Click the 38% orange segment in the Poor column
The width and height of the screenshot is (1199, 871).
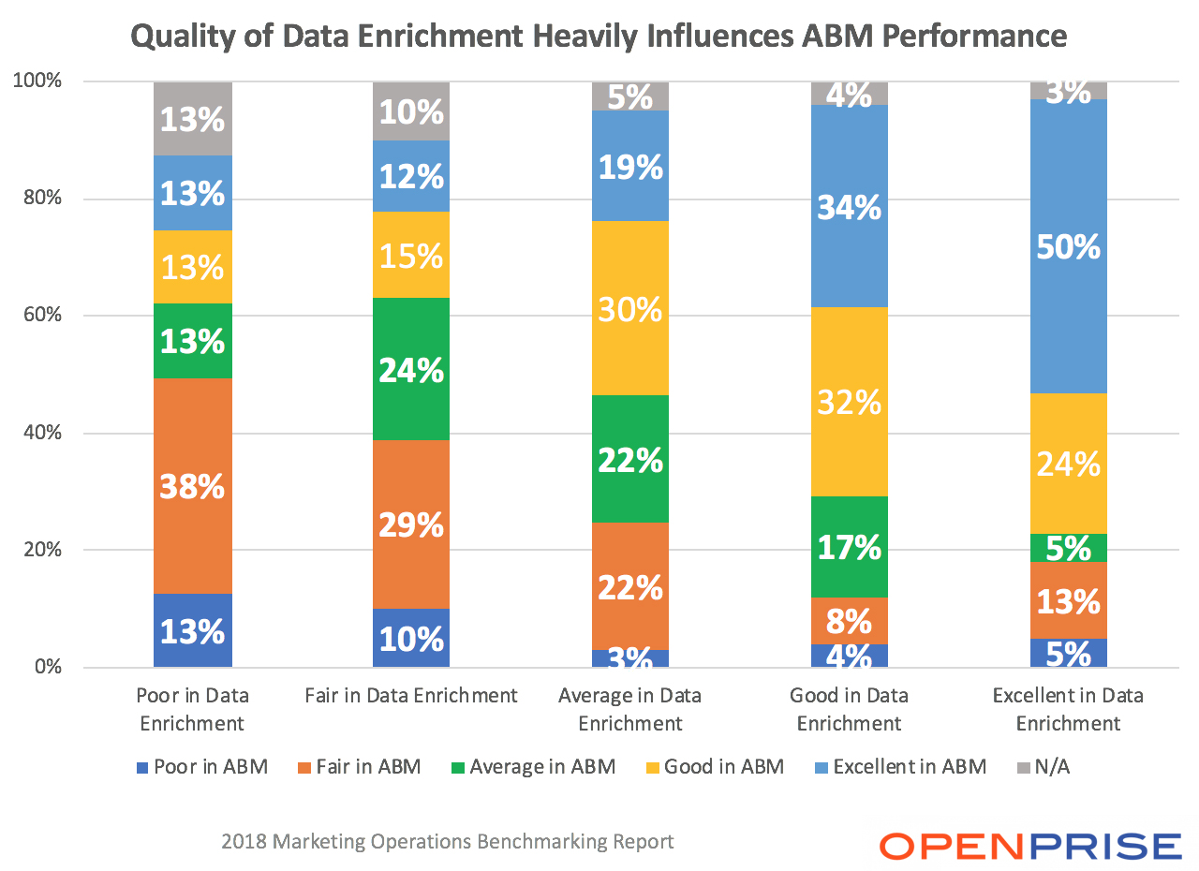(x=193, y=485)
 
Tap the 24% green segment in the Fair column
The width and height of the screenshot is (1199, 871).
(x=411, y=369)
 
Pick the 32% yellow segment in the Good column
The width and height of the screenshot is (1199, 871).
(x=850, y=402)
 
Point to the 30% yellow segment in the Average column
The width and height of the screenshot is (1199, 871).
(x=630, y=308)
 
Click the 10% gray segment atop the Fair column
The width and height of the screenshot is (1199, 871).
(x=411, y=111)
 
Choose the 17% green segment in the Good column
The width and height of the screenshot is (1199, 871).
(x=850, y=546)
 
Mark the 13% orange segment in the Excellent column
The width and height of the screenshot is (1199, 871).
(x=1069, y=600)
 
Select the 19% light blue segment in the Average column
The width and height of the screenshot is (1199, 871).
(x=630, y=166)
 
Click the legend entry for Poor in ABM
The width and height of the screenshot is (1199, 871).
(x=201, y=767)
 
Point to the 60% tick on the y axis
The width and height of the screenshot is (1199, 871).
(x=41, y=316)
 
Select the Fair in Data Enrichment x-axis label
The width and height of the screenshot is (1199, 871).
(x=411, y=696)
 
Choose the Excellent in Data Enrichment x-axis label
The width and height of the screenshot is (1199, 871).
(x=1068, y=709)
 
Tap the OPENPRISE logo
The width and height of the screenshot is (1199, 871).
(x=1030, y=845)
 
